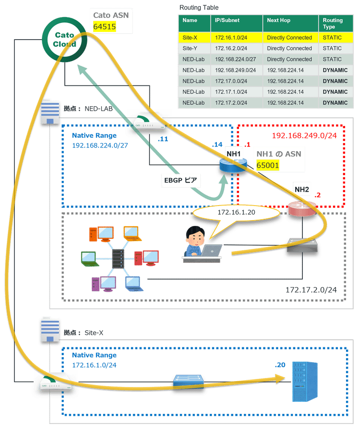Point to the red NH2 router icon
click(x=301, y=207)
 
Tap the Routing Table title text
click(x=199, y=8)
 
